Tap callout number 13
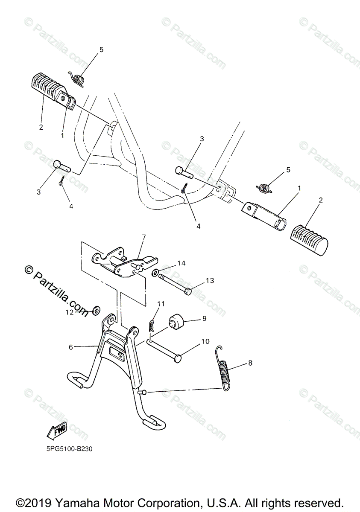[210, 280]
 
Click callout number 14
[181, 263]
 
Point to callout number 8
[250, 363]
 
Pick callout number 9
[204, 318]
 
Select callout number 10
[205, 341]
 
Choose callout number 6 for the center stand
[71, 347]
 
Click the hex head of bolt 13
[187, 292]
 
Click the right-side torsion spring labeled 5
[266, 187]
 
